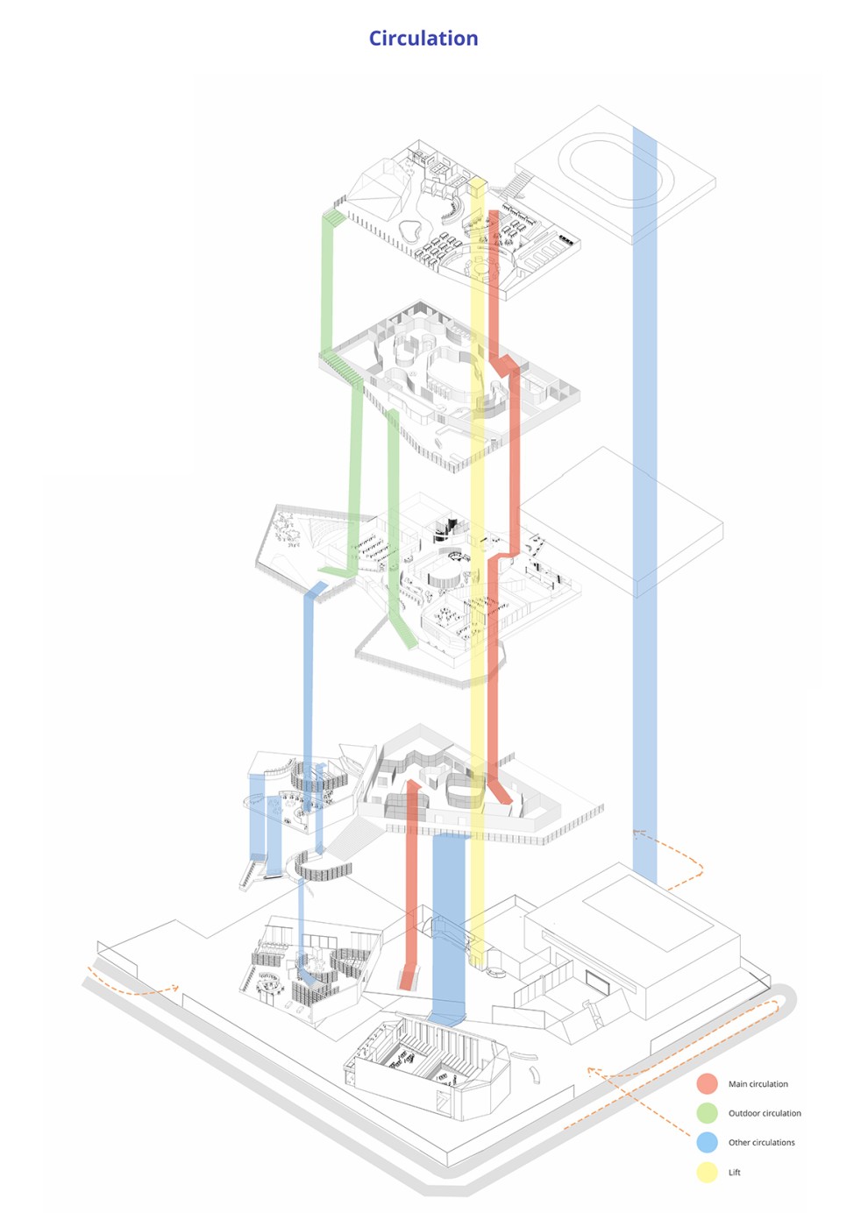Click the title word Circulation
point(423,39)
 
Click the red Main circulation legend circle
point(708,1084)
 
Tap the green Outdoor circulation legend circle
point(708,1113)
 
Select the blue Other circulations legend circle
point(708,1142)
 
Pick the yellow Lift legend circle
point(708,1172)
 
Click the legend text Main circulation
point(758,1084)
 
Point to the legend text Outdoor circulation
point(765,1113)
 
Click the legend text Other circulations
point(761,1142)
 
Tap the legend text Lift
point(735,1172)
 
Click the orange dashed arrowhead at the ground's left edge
point(175,988)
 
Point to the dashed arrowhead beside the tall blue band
point(638,833)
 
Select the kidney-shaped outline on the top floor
point(409,231)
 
